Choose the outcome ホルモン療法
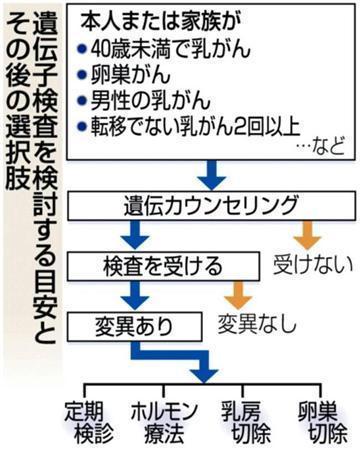pyautogui.click(x=163, y=420)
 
